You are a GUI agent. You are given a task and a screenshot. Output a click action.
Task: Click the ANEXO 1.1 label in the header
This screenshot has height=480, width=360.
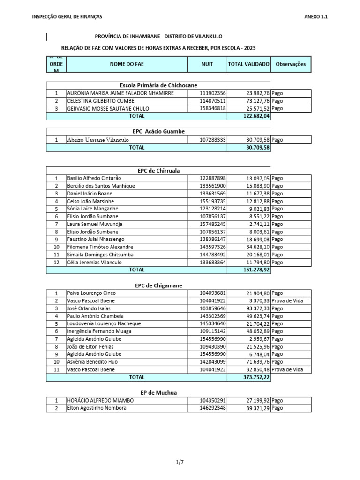coord(316,17)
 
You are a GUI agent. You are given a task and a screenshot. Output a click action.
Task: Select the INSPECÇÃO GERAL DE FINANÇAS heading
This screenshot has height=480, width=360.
coord(67,17)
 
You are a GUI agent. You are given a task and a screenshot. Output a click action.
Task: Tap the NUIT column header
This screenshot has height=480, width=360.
coord(207,64)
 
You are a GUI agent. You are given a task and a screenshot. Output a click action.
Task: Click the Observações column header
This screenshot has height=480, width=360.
coord(291,64)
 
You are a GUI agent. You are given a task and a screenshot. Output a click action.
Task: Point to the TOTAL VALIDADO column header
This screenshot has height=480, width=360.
coord(248,64)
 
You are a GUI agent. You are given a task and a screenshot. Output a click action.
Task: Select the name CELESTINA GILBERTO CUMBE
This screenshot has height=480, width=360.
coord(101,101)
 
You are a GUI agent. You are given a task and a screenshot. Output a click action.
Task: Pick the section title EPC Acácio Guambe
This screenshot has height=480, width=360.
coord(159,131)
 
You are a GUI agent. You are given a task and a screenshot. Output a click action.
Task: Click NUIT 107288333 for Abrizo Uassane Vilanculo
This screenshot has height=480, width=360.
coord(213,140)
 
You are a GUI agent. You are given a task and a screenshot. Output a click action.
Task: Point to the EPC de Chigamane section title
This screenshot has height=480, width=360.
coord(158,285)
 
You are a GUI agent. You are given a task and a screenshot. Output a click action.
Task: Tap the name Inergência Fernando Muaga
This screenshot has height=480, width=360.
coord(99,331)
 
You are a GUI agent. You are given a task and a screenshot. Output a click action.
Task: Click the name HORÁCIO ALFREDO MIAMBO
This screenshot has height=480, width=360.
coord(101,401)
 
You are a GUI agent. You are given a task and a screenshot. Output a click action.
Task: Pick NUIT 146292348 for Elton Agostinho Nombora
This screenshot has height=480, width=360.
coord(213,408)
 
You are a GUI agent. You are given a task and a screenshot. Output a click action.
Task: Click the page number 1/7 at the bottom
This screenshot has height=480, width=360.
coord(180,462)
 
